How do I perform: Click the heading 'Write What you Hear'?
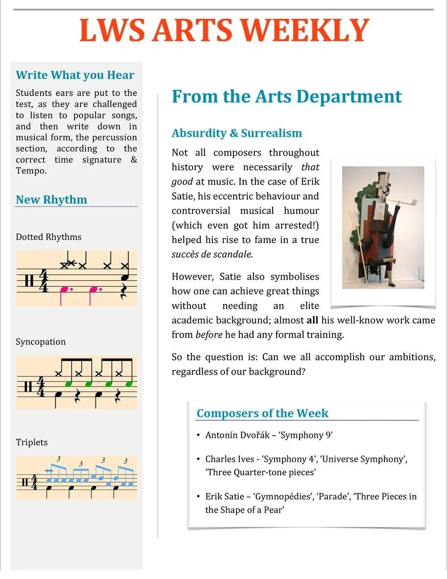[x=75, y=75]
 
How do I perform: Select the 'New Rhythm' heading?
[x=51, y=200]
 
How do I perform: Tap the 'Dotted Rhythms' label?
[x=48, y=237]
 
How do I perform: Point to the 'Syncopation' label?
[x=41, y=342]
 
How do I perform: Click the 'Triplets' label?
[x=32, y=442]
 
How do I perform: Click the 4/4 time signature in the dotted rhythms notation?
[x=43, y=280]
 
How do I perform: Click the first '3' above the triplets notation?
[x=59, y=459]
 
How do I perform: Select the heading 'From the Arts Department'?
[x=287, y=96]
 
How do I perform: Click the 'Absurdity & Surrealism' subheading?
[x=236, y=133]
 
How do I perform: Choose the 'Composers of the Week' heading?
[x=262, y=413]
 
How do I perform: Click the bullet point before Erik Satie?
[x=198, y=496]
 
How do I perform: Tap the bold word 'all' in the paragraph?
[x=312, y=320]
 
